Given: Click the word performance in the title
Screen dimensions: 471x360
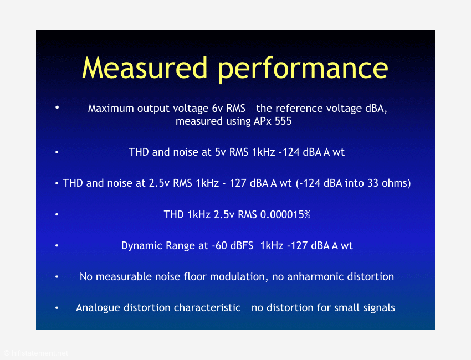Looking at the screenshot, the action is pyautogui.click(x=303, y=70).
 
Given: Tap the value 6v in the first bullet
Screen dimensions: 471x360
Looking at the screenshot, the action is pyautogui.click(x=217, y=108).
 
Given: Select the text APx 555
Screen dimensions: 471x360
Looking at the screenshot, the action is pyautogui.click(x=273, y=121).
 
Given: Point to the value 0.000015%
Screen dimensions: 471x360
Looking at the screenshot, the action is pyautogui.click(x=285, y=215).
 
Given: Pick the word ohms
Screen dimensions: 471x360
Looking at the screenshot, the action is pyautogui.click(x=394, y=183).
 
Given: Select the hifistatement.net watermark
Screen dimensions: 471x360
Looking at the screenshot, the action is pyautogui.click(x=36, y=353).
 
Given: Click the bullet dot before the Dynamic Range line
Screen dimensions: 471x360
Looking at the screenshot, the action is pyautogui.click(x=57, y=245).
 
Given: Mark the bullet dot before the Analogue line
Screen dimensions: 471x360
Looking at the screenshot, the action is pyautogui.click(x=57, y=308).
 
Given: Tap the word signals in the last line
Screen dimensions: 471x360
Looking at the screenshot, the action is pyautogui.click(x=379, y=308).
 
